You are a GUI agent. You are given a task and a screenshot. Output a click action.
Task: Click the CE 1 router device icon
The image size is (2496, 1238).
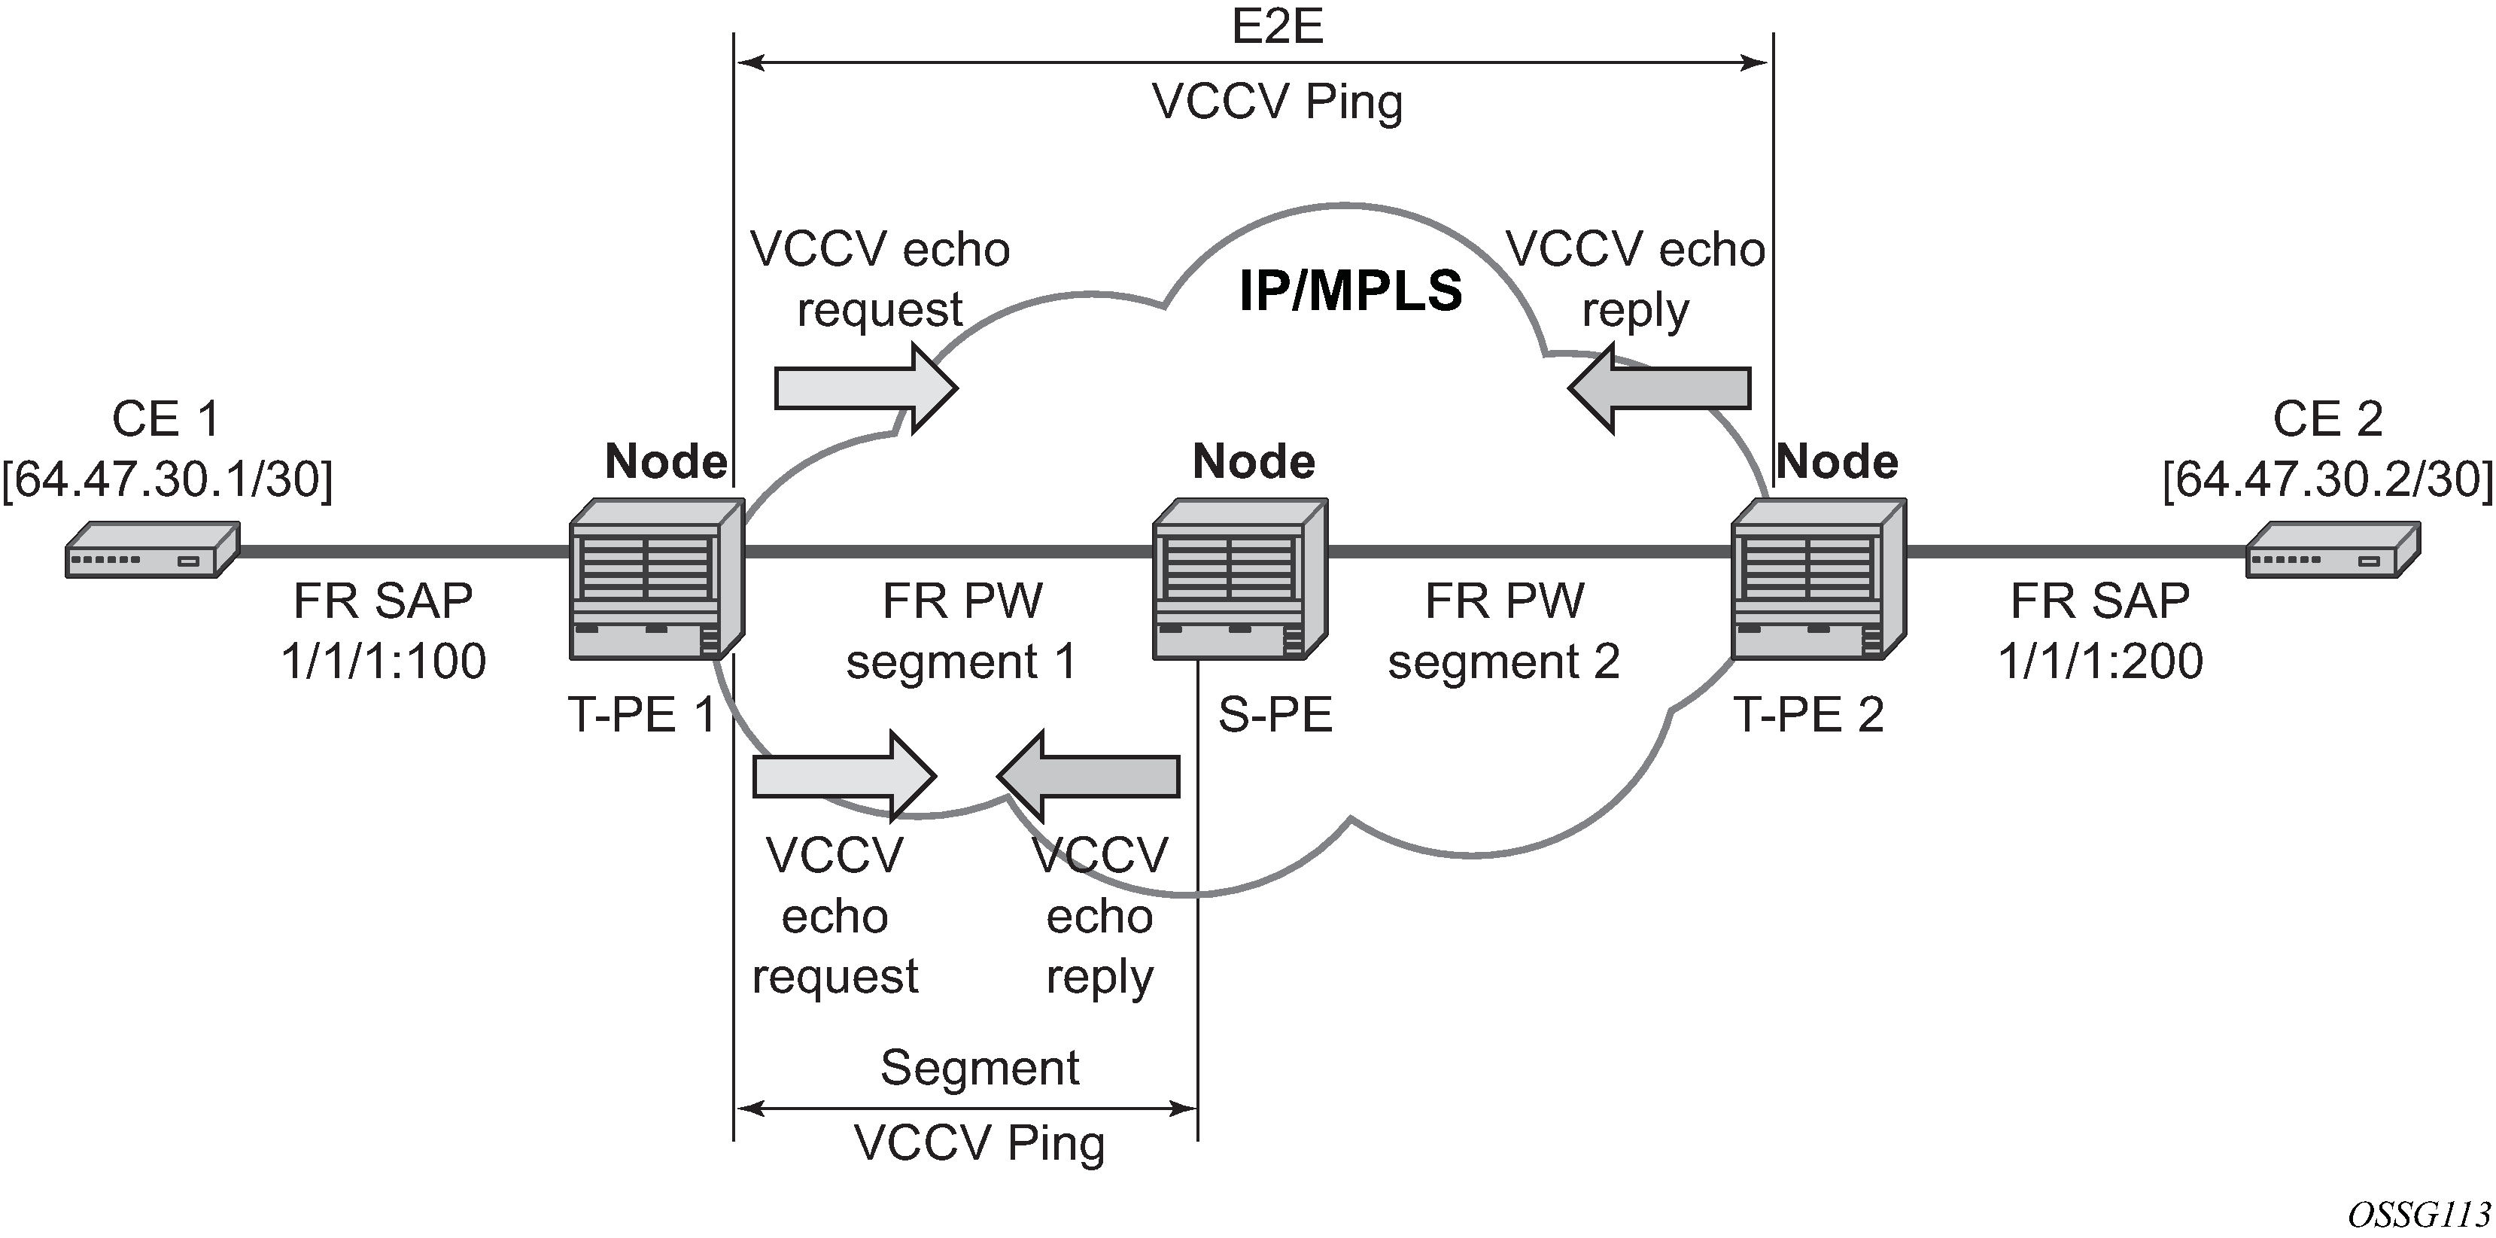[152, 550]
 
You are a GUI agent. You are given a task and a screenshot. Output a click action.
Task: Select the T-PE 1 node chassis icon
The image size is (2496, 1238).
[656, 579]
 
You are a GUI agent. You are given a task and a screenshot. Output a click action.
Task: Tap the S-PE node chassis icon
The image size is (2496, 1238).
[1239, 579]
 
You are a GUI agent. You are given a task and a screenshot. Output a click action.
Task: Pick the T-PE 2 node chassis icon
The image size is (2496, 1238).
[1819, 579]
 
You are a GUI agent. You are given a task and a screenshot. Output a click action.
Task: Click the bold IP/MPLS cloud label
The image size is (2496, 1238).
[1350, 291]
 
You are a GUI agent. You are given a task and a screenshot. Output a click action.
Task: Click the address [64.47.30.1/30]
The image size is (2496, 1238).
[166, 479]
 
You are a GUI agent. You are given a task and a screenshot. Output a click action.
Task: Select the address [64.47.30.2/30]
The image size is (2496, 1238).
[2327, 479]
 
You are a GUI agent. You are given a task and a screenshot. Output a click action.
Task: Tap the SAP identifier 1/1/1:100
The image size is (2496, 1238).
[384, 662]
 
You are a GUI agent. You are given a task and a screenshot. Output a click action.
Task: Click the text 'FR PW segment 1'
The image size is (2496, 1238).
[961, 631]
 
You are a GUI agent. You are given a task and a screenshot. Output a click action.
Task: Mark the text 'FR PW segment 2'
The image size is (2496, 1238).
[1503, 631]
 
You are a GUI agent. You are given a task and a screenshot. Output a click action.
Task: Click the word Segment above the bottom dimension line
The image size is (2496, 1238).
[979, 1069]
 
